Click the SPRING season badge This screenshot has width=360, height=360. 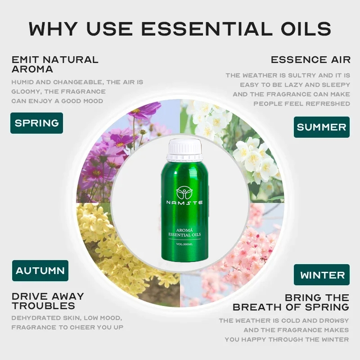click(x=37, y=123)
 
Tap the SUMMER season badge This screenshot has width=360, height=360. click(x=322, y=127)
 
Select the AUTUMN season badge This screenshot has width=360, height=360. click(x=40, y=270)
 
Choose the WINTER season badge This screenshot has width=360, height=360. click(x=322, y=274)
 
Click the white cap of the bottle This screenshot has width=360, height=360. click(x=185, y=150)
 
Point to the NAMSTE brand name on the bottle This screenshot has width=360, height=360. click(x=184, y=202)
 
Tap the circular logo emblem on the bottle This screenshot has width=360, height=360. click(x=184, y=193)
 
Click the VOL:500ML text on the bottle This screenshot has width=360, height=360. click(x=184, y=244)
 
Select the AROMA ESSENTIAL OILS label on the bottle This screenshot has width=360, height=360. click(x=184, y=232)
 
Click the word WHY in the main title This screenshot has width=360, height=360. click(x=53, y=29)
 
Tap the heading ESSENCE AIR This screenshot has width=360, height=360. click(x=310, y=60)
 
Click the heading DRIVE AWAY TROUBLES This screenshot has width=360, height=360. click(x=48, y=301)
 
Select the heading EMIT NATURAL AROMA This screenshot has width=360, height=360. click(x=55, y=64)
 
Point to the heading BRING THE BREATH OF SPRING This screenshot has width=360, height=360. click(x=291, y=302)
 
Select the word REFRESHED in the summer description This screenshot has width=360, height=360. click(x=328, y=104)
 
